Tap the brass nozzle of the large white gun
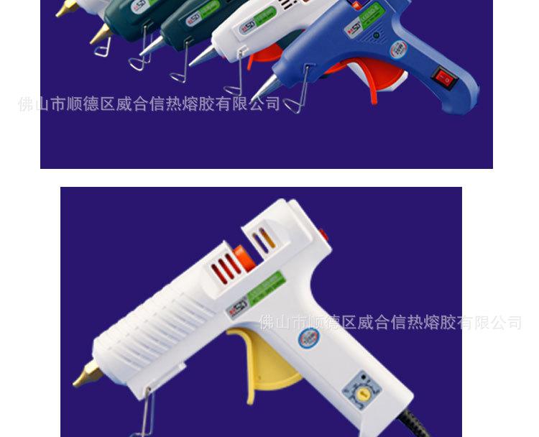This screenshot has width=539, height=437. (88, 374)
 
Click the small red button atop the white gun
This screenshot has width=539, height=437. (323, 234)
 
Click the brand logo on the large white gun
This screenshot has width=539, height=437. (236, 310)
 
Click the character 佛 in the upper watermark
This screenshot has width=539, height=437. (25, 104)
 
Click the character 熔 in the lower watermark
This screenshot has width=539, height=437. (430, 323)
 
